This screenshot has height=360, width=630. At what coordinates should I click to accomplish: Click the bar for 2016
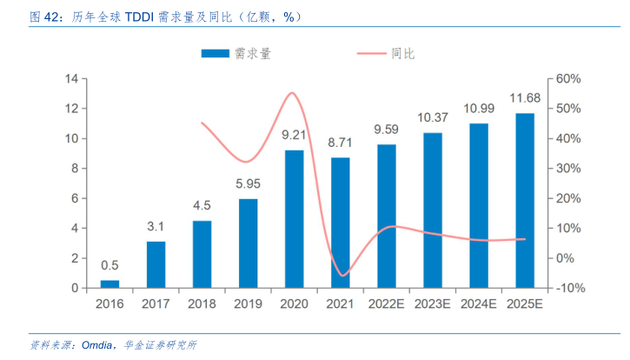109,283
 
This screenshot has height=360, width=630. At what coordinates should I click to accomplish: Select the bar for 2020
295,219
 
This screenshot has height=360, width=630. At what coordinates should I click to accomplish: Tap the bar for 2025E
525,201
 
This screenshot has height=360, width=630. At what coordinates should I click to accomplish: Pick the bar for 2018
202,254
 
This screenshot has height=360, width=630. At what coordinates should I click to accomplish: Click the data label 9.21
295,135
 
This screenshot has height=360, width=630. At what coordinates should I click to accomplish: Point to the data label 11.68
525,97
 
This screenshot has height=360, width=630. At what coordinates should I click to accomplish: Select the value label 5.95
248,183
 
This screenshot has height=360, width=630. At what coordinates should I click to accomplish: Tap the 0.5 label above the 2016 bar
109,265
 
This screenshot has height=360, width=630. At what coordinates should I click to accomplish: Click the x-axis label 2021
341,304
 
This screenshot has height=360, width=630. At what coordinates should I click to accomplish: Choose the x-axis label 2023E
433,304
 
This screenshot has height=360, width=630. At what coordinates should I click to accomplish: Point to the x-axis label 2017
156,304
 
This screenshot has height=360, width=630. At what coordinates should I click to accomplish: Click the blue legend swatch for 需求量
214,54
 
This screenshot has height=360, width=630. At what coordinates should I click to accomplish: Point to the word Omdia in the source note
97,345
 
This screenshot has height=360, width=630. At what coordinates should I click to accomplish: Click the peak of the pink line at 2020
293,93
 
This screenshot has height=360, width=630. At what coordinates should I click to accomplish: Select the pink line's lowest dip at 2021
342,276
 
